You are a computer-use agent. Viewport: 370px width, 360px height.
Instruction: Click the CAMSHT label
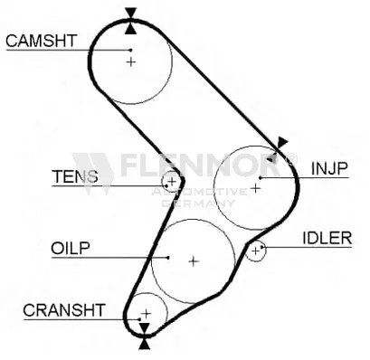[x=42, y=40]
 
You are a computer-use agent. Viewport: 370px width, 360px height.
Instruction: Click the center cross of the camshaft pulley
[x=131, y=62]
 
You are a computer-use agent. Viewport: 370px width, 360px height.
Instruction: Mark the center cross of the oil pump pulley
[x=193, y=261]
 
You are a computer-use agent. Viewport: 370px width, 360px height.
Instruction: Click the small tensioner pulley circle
[x=171, y=181]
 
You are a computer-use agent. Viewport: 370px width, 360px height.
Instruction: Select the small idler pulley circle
[x=256, y=249]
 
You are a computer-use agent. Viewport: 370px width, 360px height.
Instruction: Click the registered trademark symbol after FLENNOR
[x=290, y=159]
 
